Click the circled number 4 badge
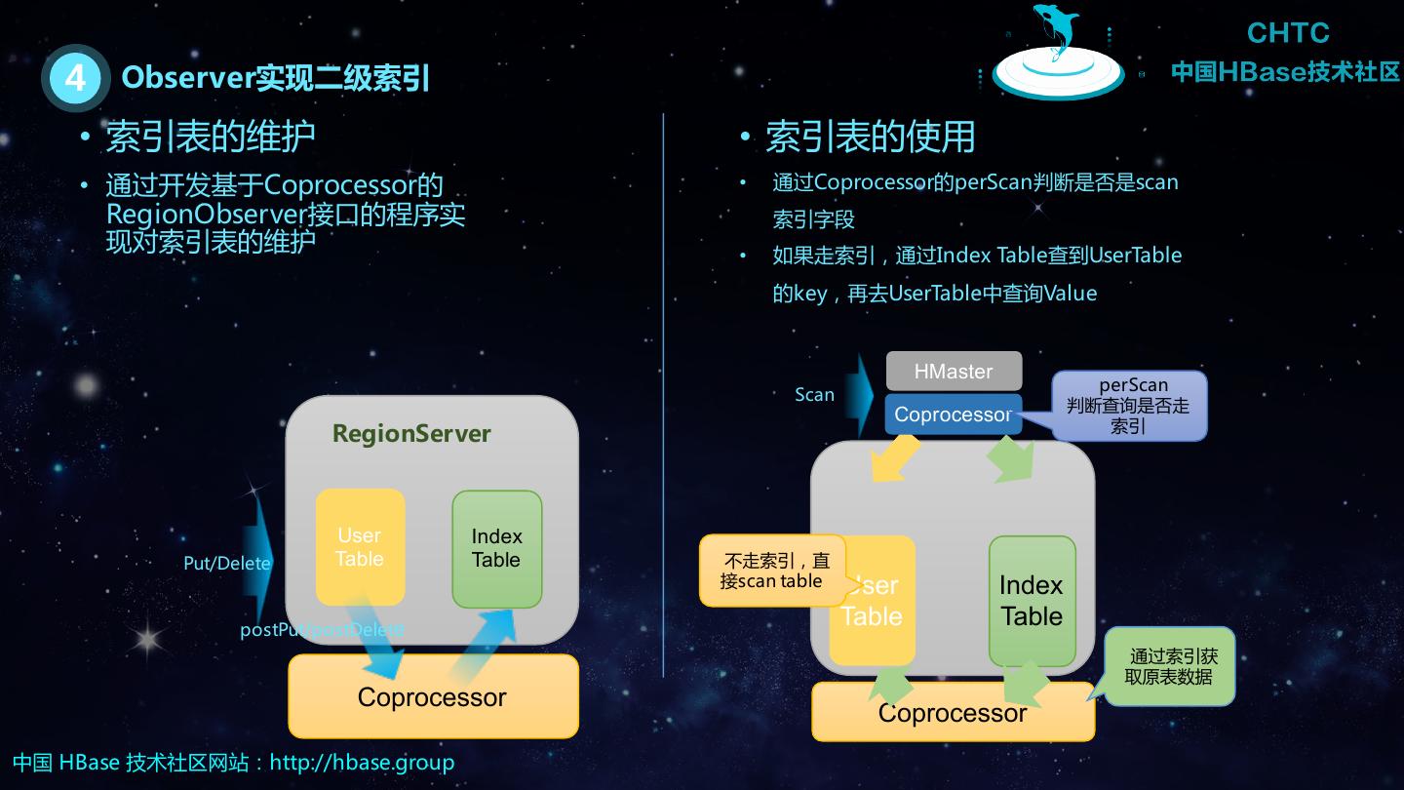click(x=75, y=77)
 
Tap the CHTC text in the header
click(x=1288, y=33)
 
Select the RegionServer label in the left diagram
click(x=411, y=434)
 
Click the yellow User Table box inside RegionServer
click(x=360, y=547)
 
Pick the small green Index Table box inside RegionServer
click(x=496, y=548)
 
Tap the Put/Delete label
click(x=226, y=564)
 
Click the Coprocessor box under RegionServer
click(x=432, y=697)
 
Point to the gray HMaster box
click(x=954, y=372)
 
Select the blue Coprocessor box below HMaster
click(x=952, y=415)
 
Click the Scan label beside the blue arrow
click(x=814, y=395)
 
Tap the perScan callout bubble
click(x=1131, y=405)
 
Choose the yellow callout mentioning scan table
click(x=770, y=572)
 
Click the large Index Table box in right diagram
click(x=1032, y=601)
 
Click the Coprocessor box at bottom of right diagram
click(x=952, y=713)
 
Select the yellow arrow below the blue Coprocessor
click(x=895, y=459)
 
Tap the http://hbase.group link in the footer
click(x=362, y=762)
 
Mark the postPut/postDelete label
click(x=321, y=630)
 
